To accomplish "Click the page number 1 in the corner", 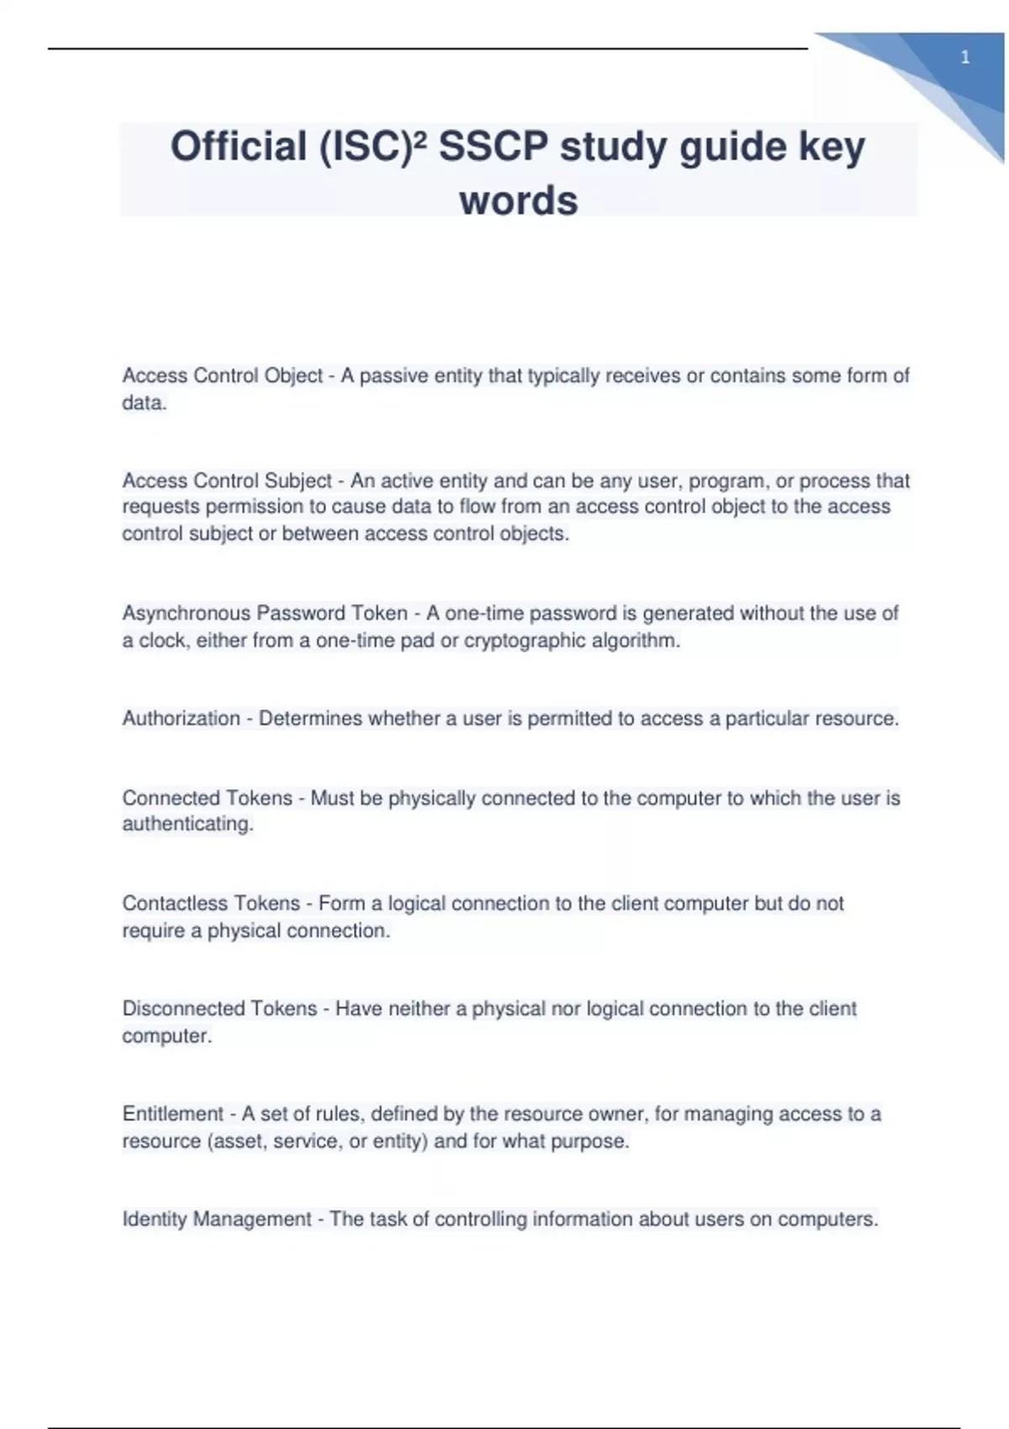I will pos(964,58).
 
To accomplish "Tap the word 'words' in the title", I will pos(519,201).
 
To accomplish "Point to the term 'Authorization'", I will pos(181,719).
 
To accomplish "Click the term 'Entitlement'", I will pos(173,1114).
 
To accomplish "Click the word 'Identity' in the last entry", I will pos(155,1219).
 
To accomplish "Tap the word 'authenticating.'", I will pos(188,824).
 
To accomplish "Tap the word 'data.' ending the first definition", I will pos(145,403).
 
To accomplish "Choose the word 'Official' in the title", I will pos(239,147).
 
